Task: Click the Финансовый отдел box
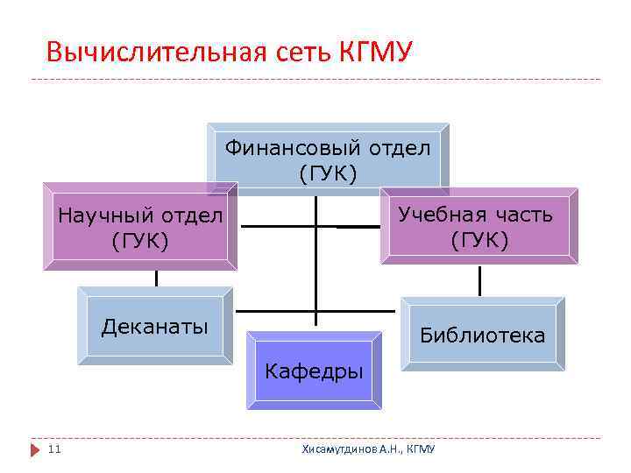pos(328,159)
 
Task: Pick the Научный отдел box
pos(140,226)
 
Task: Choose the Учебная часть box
pos(479,226)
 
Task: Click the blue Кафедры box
pos(314,371)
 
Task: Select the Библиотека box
pos(482,334)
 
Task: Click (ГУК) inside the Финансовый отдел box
pos(328,173)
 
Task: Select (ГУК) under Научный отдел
pos(140,239)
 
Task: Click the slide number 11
pos(54,449)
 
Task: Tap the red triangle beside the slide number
pos(36,449)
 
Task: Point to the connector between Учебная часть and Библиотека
pos(479,280)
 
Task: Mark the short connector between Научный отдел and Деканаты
pos(156,278)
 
